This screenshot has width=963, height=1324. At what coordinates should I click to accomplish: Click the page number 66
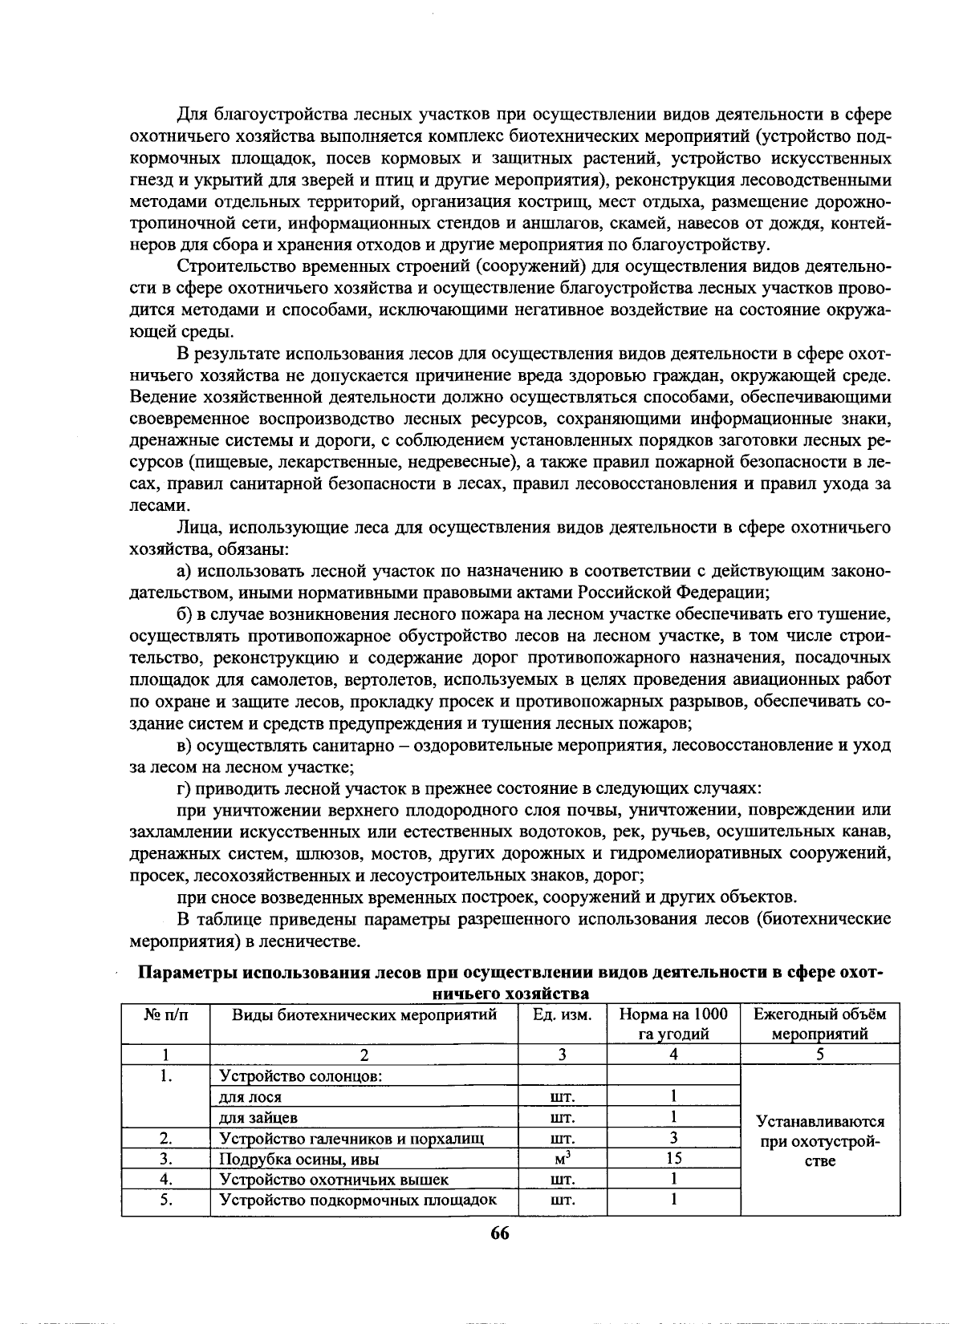(x=499, y=1233)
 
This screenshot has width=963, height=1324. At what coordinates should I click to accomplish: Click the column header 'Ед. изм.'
(x=563, y=1014)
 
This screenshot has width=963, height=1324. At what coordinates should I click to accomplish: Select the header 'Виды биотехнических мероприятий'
(x=364, y=1014)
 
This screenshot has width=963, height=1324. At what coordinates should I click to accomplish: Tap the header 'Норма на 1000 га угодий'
(x=673, y=1024)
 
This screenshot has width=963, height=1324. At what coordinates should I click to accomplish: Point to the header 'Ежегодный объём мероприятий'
(x=819, y=1024)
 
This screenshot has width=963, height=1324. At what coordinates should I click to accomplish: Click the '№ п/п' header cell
(x=165, y=1014)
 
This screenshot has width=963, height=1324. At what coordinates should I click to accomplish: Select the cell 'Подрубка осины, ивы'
(x=299, y=1159)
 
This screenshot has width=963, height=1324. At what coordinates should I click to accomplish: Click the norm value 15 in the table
(x=673, y=1158)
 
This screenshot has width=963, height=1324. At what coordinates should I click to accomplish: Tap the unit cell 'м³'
(x=563, y=1158)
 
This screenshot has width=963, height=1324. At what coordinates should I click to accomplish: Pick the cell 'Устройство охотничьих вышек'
(x=334, y=1180)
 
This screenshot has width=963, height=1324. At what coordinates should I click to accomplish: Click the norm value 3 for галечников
(x=673, y=1137)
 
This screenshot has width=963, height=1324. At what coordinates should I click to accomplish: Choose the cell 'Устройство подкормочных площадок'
(x=358, y=1201)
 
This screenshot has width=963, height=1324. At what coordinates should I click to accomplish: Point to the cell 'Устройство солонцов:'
(x=299, y=1075)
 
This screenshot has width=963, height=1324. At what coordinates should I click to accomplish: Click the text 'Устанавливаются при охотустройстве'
(x=819, y=1142)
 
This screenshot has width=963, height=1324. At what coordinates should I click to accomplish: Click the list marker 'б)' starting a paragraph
(x=185, y=615)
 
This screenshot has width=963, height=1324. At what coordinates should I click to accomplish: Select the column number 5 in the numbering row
(x=819, y=1055)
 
